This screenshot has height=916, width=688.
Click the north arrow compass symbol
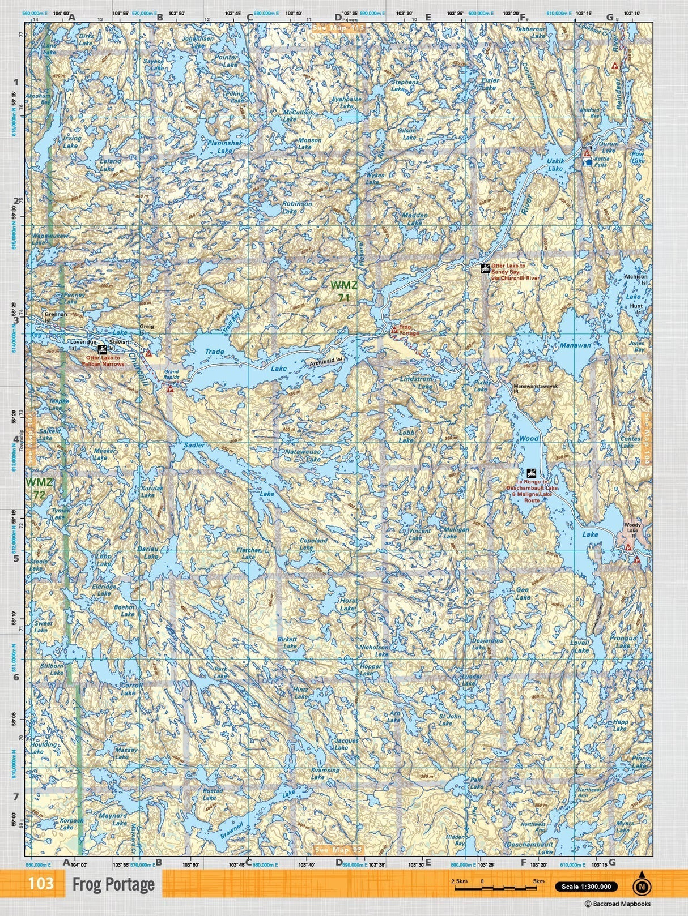(641, 884)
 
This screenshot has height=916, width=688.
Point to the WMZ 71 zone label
(345, 292)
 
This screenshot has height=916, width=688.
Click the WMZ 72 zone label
(39, 488)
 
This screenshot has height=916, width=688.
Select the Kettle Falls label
(601, 162)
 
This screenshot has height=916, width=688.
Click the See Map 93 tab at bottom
(338, 850)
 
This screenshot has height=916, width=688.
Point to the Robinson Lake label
(297, 207)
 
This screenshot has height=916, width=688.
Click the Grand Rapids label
(171, 376)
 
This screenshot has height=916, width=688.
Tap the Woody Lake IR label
(631, 528)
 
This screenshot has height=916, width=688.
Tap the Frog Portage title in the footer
(113, 884)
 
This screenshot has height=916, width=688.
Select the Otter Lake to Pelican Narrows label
(105, 361)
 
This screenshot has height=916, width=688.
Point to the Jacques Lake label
(346, 743)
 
